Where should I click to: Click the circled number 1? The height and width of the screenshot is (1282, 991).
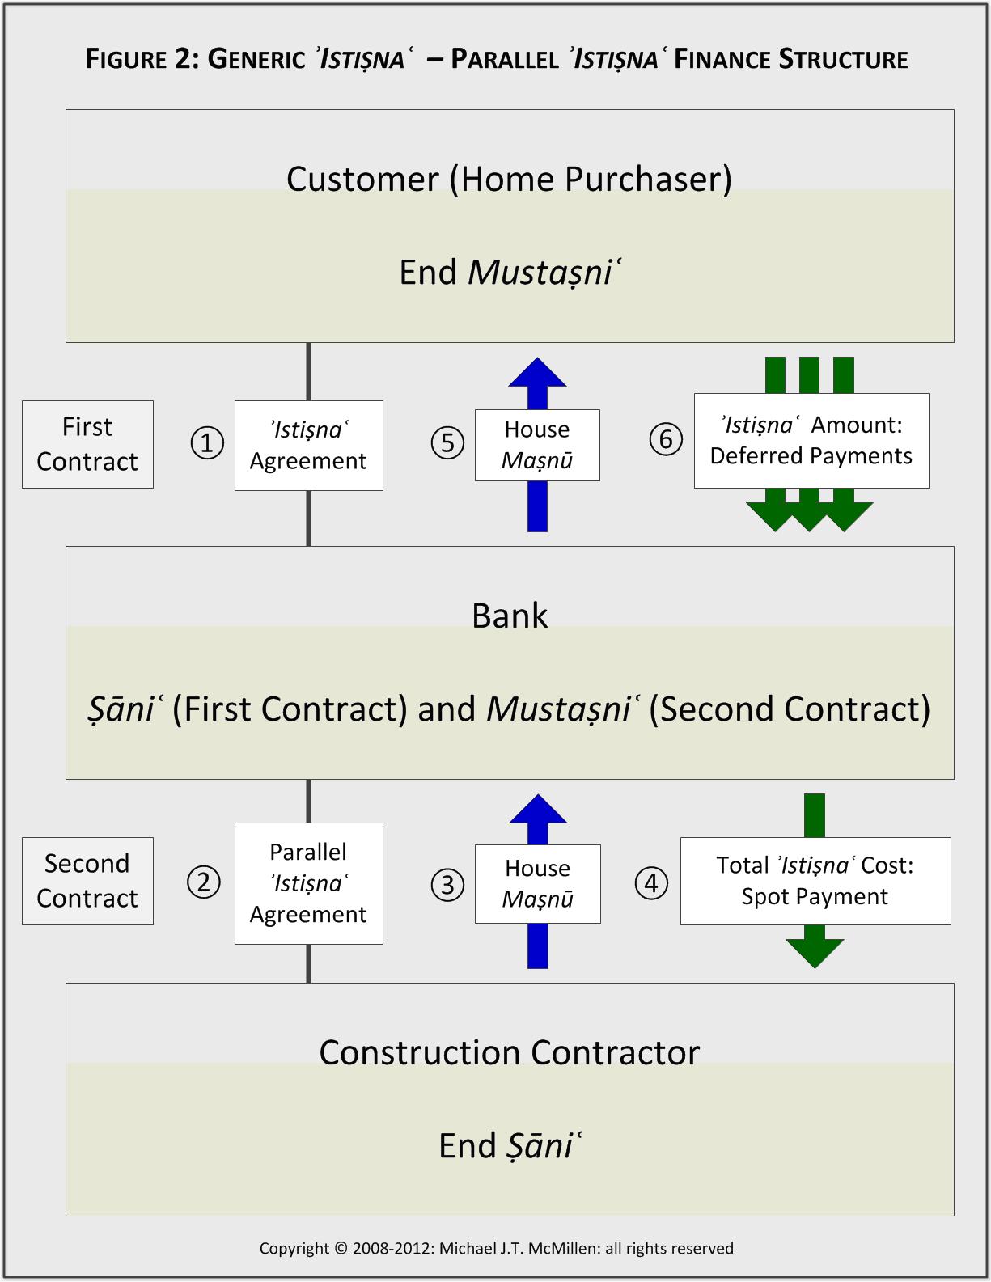click(x=207, y=443)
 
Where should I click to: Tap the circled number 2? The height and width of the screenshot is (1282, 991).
click(x=204, y=882)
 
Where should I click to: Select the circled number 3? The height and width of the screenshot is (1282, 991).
click(x=447, y=884)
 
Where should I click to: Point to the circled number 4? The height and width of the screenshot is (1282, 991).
click(x=652, y=882)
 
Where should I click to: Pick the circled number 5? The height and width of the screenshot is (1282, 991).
click(x=447, y=443)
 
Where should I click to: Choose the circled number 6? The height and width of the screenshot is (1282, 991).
click(x=666, y=439)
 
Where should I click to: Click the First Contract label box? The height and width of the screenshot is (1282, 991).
click(x=87, y=444)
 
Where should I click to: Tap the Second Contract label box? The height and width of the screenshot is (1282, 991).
click(x=87, y=881)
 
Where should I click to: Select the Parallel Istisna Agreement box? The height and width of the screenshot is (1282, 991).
click(x=308, y=883)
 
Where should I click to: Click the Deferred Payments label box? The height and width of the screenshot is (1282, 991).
click(x=811, y=441)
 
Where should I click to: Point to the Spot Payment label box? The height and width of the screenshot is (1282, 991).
click(x=815, y=881)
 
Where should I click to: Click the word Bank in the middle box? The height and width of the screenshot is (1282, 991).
click(x=510, y=616)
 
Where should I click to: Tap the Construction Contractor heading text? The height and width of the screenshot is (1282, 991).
click(x=510, y=1052)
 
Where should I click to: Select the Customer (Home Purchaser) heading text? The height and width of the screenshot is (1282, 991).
click(x=510, y=179)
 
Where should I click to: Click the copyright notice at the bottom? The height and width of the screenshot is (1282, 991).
click(x=496, y=1248)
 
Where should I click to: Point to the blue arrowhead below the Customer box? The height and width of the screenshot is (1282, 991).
click(x=537, y=374)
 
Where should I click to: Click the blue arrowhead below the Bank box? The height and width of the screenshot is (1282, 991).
click(x=537, y=810)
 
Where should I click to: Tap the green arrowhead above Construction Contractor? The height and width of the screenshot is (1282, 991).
click(x=815, y=953)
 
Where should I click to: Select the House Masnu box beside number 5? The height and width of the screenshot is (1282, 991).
click(x=537, y=445)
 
